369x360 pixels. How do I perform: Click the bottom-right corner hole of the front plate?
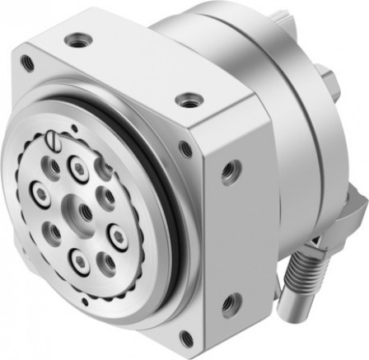187,336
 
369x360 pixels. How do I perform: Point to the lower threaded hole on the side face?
233,302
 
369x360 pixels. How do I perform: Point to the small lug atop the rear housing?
291,11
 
